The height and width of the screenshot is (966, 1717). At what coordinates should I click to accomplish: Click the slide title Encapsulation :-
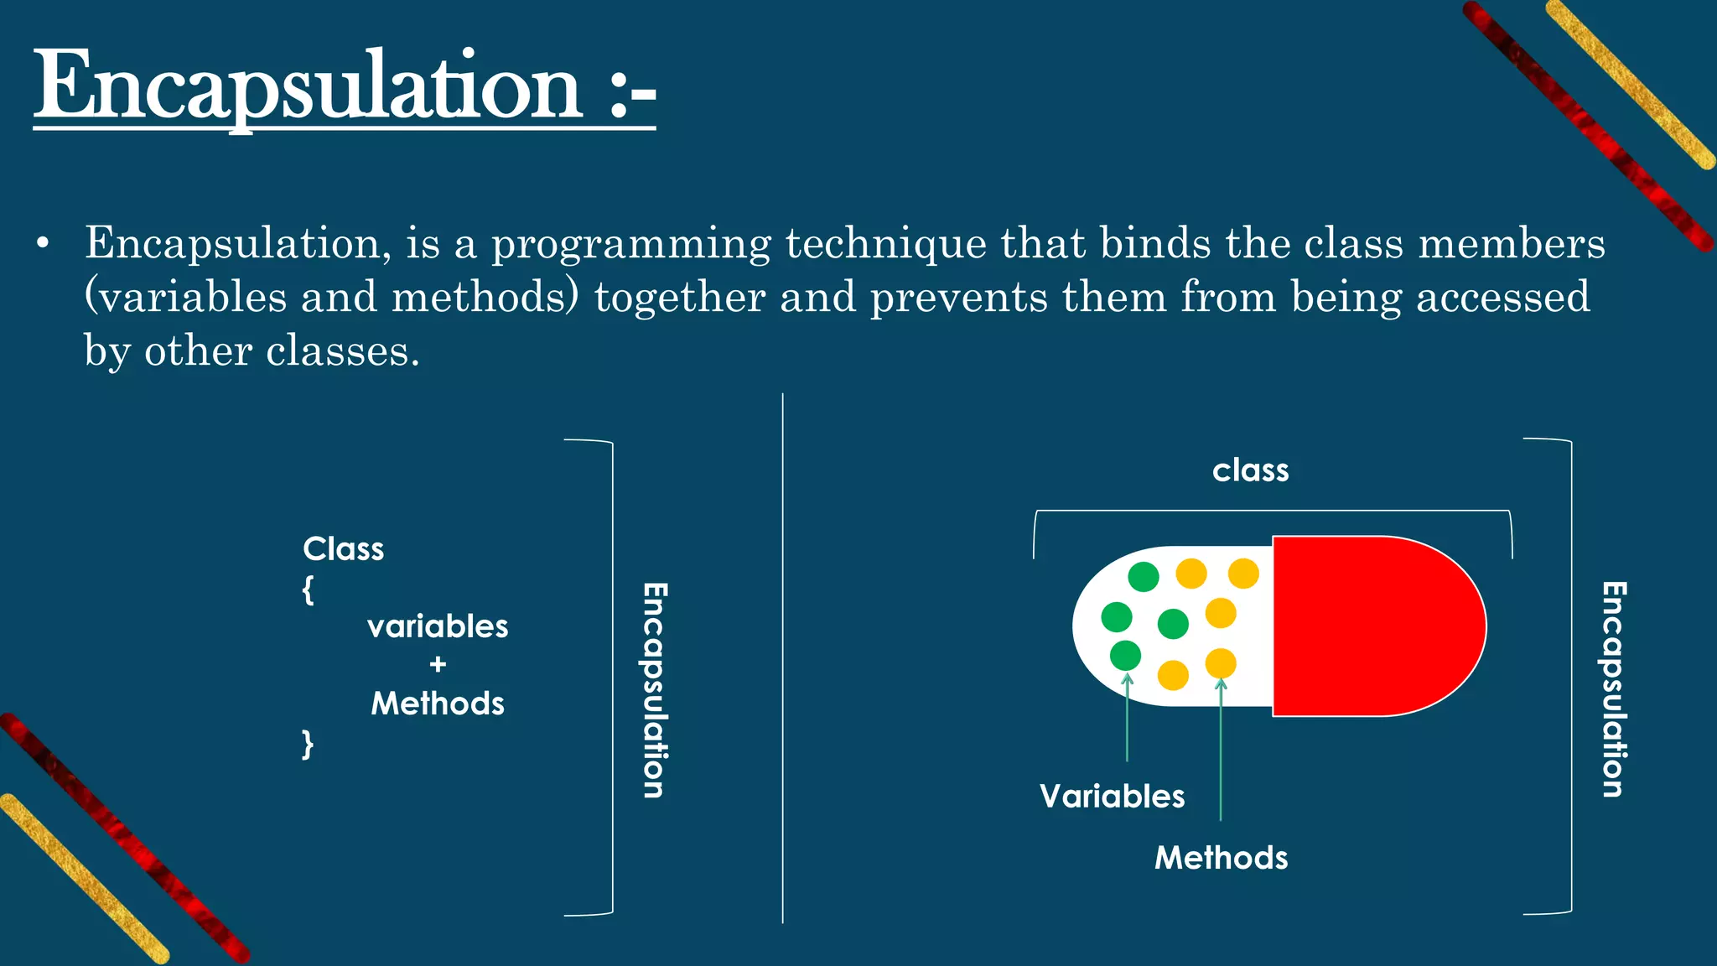[344, 86]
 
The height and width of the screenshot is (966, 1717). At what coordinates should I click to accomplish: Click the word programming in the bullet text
[630, 244]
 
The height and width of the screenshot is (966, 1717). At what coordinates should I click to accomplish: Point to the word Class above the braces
[343, 549]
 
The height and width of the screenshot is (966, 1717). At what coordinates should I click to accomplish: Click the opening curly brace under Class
[308, 589]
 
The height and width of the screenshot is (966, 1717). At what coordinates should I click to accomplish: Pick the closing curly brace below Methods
[308, 744]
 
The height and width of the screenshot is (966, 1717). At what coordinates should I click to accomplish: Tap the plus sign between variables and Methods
[438, 665]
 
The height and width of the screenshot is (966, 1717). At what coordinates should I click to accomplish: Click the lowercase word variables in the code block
[438, 626]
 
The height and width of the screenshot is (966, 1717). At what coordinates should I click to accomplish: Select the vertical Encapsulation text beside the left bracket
[655, 689]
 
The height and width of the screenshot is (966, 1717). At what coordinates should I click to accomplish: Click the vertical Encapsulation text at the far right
[1614, 689]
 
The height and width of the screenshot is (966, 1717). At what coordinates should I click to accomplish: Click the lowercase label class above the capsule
[1250, 470]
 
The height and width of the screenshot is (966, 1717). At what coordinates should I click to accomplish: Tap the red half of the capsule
[1375, 626]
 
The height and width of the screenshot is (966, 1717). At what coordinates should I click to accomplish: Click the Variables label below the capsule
[1112, 796]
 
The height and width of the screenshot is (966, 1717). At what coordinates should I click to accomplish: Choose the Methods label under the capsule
[1221, 858]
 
